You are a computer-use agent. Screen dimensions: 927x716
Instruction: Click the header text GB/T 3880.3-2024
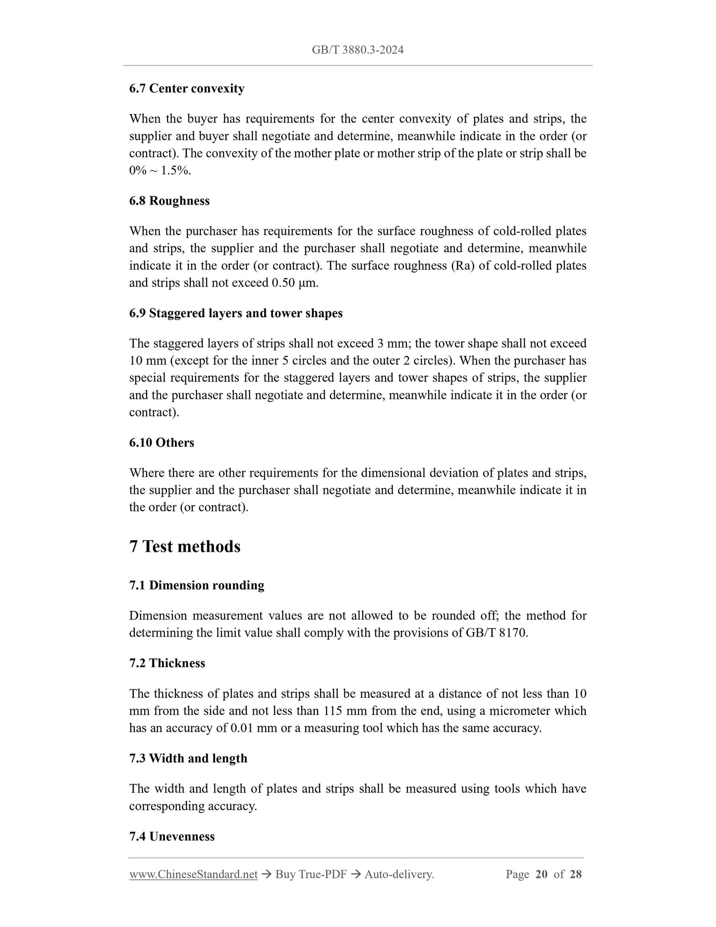357,50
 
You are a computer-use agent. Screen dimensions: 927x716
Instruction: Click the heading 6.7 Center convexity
187,89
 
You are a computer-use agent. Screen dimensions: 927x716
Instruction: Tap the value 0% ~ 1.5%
160,171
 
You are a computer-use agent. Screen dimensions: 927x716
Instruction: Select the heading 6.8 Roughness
169,201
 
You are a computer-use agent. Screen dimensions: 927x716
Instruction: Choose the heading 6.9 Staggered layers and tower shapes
236,313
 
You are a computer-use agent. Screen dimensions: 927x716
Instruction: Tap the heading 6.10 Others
162,443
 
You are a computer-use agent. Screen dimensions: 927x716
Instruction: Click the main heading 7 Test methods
185,546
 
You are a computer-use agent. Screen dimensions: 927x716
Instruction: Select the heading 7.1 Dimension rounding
197,585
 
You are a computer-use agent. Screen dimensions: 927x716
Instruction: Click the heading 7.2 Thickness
167,663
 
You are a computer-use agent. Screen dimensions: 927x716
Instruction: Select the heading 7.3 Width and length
188,758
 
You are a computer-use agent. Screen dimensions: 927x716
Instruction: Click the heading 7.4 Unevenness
172,836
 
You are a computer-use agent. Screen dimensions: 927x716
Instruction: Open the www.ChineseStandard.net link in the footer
193,874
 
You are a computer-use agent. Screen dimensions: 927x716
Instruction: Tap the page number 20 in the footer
541,874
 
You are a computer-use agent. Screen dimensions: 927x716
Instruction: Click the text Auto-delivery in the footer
398,874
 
